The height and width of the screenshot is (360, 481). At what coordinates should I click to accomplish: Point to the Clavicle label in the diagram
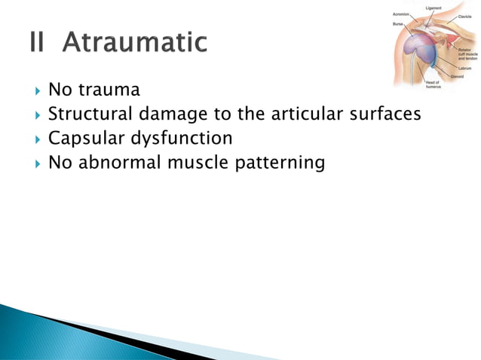click(x=464, y=16)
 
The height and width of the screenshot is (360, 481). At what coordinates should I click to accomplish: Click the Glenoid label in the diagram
click(x=458, y=76)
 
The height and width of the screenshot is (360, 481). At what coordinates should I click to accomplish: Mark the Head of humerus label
click(x=434, y=85)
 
